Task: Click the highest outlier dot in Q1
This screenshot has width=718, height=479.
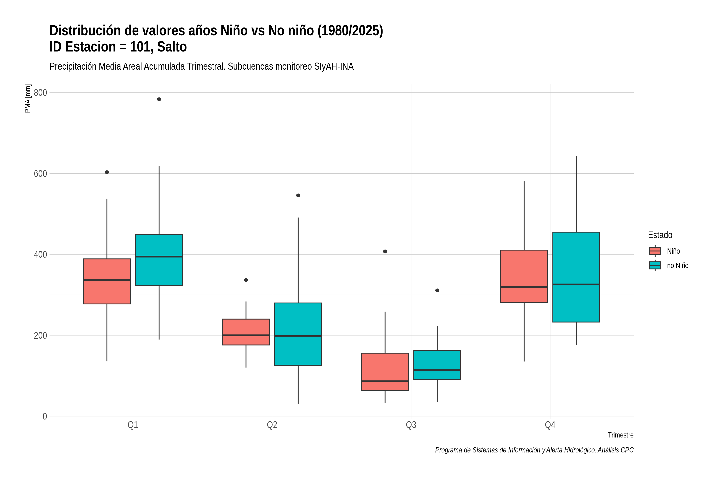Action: [x=159, y=99]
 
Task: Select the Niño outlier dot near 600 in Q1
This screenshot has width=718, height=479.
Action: [x=107, y=172]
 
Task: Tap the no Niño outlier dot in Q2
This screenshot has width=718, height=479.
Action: [x=298, y=196]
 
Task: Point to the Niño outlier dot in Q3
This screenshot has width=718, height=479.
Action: [x=385, y=251]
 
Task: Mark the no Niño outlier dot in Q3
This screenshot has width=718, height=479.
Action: [x=437, y=290]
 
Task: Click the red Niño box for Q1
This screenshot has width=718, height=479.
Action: [x=107, y=281]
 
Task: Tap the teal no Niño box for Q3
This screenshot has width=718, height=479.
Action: [x=437, y=365]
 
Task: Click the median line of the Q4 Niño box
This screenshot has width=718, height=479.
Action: [x=524, y=287]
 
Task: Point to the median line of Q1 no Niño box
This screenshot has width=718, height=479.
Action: [x=159, y=257]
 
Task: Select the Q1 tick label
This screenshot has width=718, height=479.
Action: [x=133, y=425]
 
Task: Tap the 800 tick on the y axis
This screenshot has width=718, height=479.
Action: [x=40, y=93]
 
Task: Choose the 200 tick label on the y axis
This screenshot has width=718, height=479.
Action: [x=40, y=335]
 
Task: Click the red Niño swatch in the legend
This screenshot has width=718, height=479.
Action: [x=655, y=251]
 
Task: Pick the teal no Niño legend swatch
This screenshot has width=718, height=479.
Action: [x=655, y=265]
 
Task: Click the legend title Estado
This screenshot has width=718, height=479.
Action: [x=660, y=235]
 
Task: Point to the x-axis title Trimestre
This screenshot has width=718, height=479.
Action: [x=621, y=435]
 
